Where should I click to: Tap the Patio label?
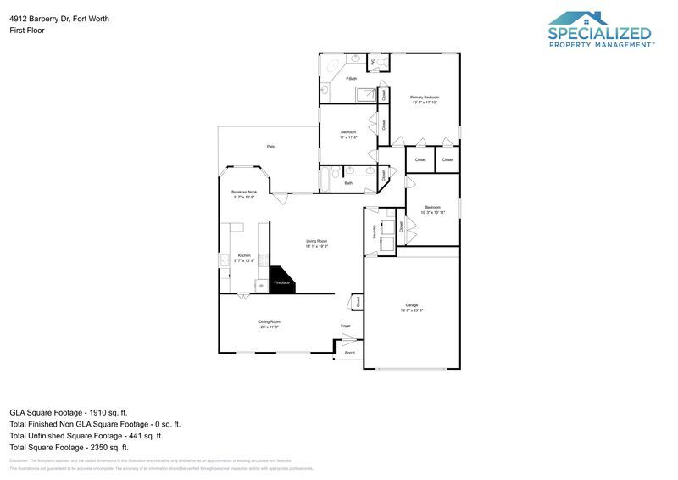[x=271, y=147]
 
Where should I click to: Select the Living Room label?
[x=317, y=241]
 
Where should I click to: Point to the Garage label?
[x=411, y=305]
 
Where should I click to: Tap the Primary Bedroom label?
[x=425, y=98]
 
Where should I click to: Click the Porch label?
[x=349, y=353]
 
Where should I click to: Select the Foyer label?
[x=346, y=326]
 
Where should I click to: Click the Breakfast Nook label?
[x=244, y=193]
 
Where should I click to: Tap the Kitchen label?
[x=244, y=255]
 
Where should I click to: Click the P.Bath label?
[x=351, y=79]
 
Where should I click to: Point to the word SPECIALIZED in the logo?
[x=600, y=34]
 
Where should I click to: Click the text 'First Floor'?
[x=27, y=30]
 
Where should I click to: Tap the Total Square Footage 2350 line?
[x=69, y=447]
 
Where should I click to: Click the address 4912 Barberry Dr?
[x=59, y=18]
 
